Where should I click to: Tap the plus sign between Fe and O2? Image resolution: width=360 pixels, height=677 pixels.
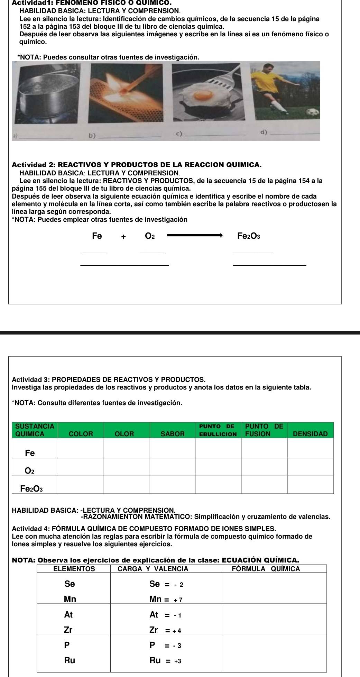point(123,237)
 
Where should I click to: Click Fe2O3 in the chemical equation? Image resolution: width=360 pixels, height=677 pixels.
point(249,236)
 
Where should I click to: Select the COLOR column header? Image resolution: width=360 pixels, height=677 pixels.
point(81,433)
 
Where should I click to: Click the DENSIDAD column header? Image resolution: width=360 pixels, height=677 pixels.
point(310,433)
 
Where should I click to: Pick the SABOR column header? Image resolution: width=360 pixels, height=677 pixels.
point(173,433)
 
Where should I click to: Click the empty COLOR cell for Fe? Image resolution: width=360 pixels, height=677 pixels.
point(81,449)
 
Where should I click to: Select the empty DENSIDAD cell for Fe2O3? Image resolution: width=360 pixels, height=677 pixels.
point(310,484)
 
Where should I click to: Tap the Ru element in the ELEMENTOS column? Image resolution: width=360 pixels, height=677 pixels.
point(70,660)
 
